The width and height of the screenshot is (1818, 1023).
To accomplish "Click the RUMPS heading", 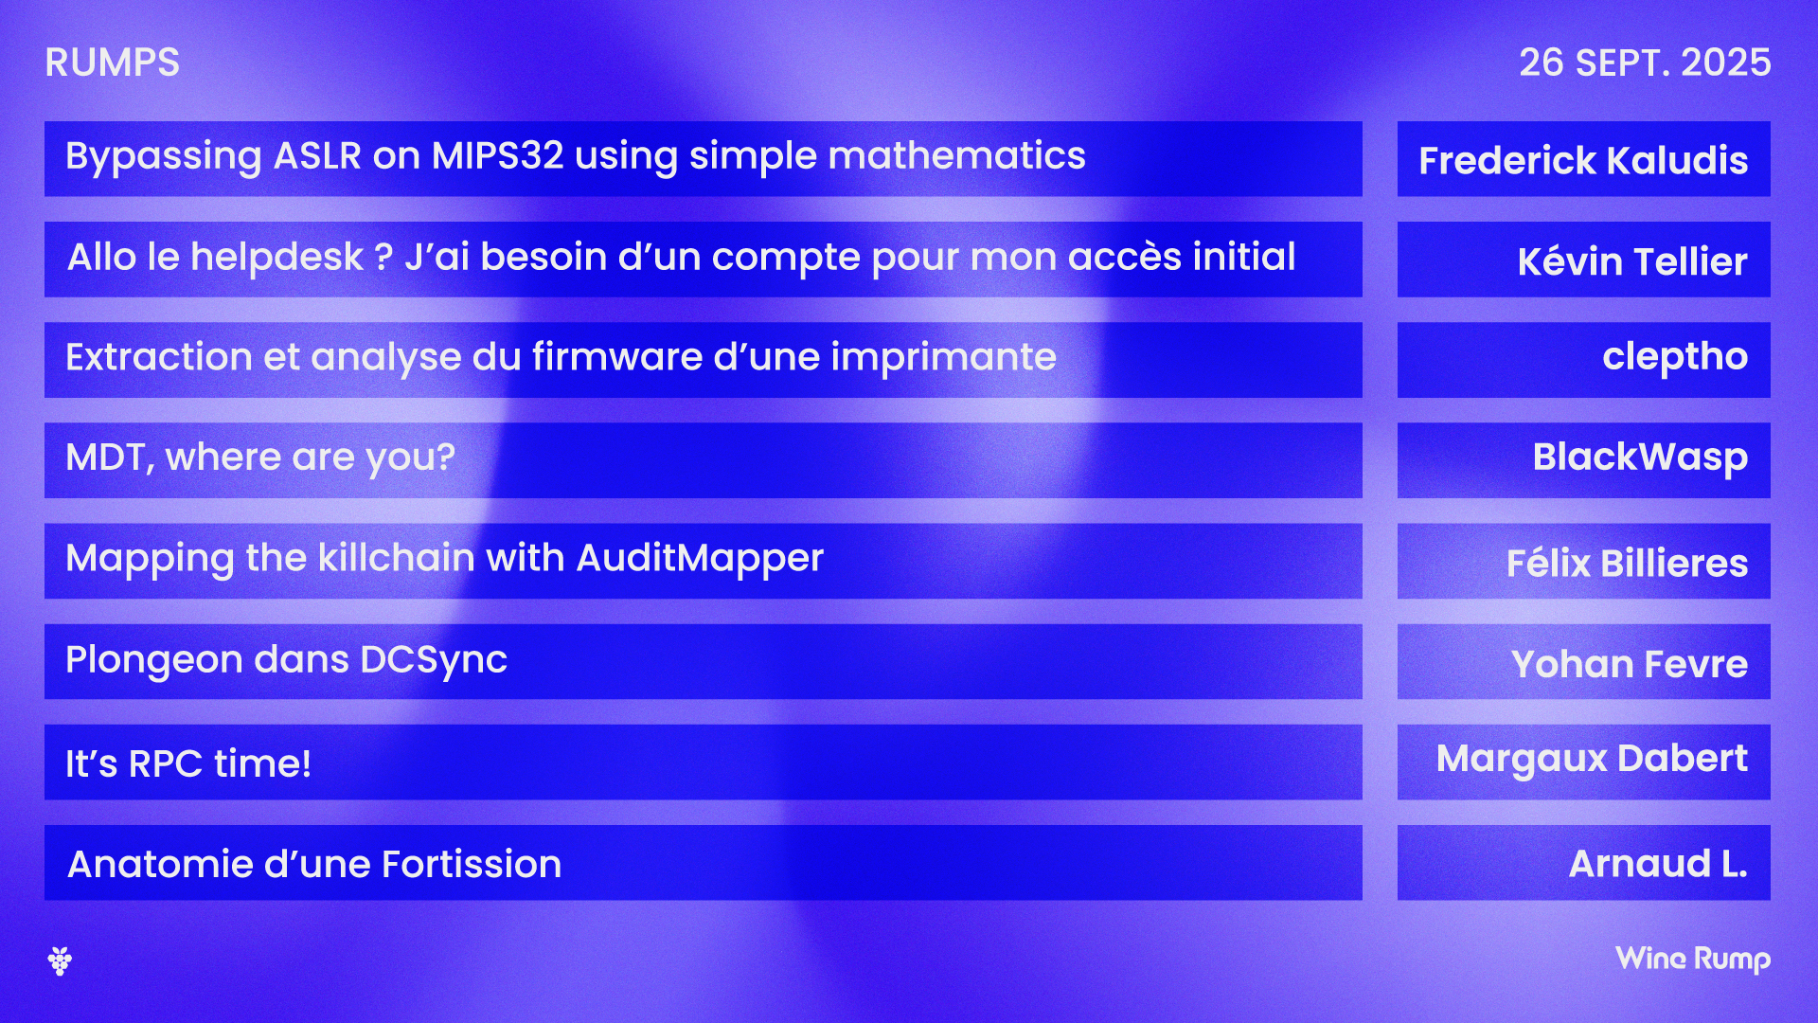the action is (x=112, y=63).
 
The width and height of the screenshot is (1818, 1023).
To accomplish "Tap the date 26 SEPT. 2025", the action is (x=1645, y=63).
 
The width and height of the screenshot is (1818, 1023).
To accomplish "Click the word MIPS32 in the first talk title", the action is (x=498, y=156).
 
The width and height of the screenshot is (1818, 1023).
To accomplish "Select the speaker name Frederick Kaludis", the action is (x=1583, y=161).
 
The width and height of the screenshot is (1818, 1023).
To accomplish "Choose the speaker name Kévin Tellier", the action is (x=1632, y=260).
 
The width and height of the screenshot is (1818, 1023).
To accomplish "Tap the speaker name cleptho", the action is (x=1675, y=358).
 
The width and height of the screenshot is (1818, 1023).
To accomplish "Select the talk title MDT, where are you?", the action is (x=260, y=458).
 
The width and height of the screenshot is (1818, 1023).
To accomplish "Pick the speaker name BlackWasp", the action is (x=1640, y=458).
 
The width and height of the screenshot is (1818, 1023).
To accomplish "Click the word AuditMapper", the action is (x=700, y=559).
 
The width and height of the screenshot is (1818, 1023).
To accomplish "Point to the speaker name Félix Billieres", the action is (x=1627, y=563).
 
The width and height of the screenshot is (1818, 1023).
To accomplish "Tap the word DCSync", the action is (x=434, y=660).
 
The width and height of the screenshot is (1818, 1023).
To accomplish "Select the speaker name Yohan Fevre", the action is (x=1630, y=664).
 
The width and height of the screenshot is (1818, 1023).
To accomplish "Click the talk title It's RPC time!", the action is (x=188, y=763).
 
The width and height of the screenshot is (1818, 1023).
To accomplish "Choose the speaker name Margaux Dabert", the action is (x=1592, y=759).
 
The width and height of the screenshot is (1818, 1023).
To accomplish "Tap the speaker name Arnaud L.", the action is (x=1658, y=864).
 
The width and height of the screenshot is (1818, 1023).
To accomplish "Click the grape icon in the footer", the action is (x=60, y=960).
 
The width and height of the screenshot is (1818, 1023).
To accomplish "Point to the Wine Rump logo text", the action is (x=1693, y=960).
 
